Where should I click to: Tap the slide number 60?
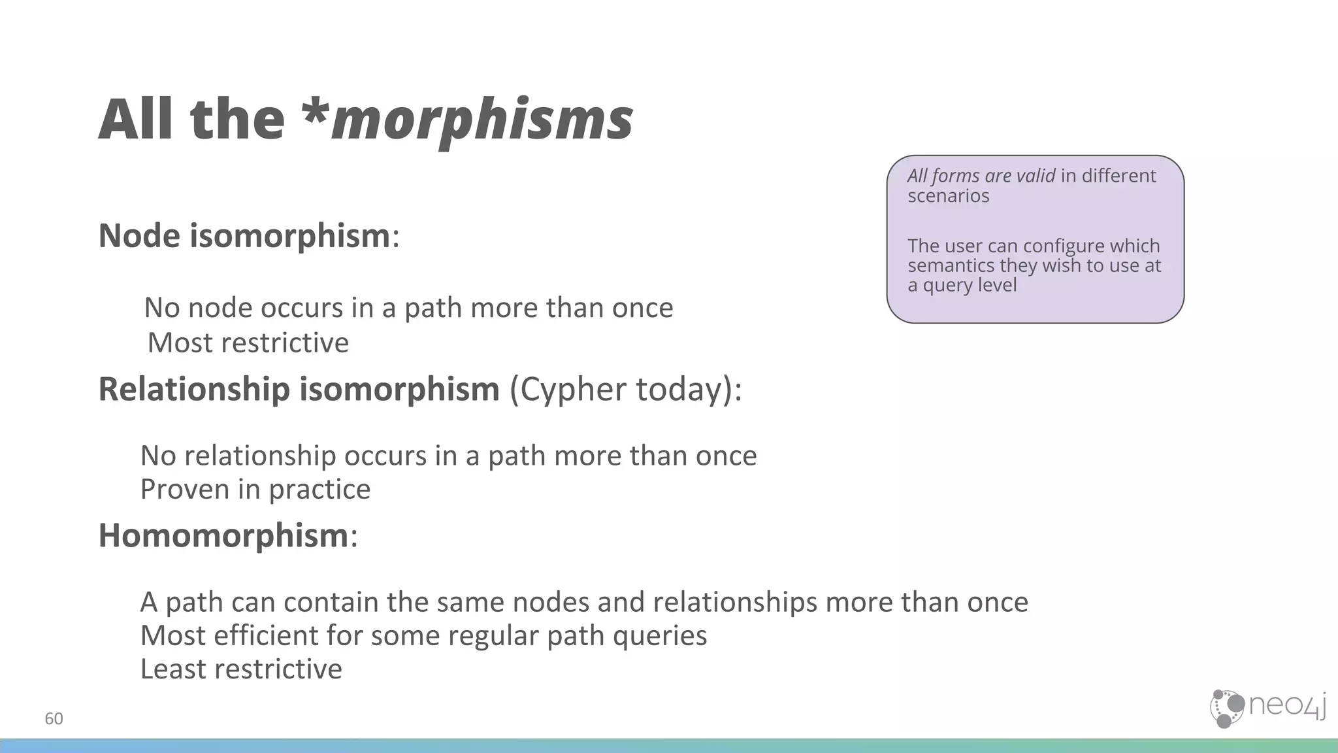[x=54, y=719]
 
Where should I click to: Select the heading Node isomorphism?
[x=244, y=236]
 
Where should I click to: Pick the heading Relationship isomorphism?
[x=299, y=390]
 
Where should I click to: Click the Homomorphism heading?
[x=223, y=536]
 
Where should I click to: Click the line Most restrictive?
[x=248, y=343]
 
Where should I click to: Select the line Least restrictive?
[x=241, y=669]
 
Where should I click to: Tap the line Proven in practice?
[x=255, y=490]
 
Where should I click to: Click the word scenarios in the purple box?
[x=948, y=196]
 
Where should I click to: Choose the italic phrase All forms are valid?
[x=981, y=176]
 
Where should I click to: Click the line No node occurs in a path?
[x=408, y=308]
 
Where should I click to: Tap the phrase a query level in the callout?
[x=962, y=285]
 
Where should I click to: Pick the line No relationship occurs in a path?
[x=448, y=456]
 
